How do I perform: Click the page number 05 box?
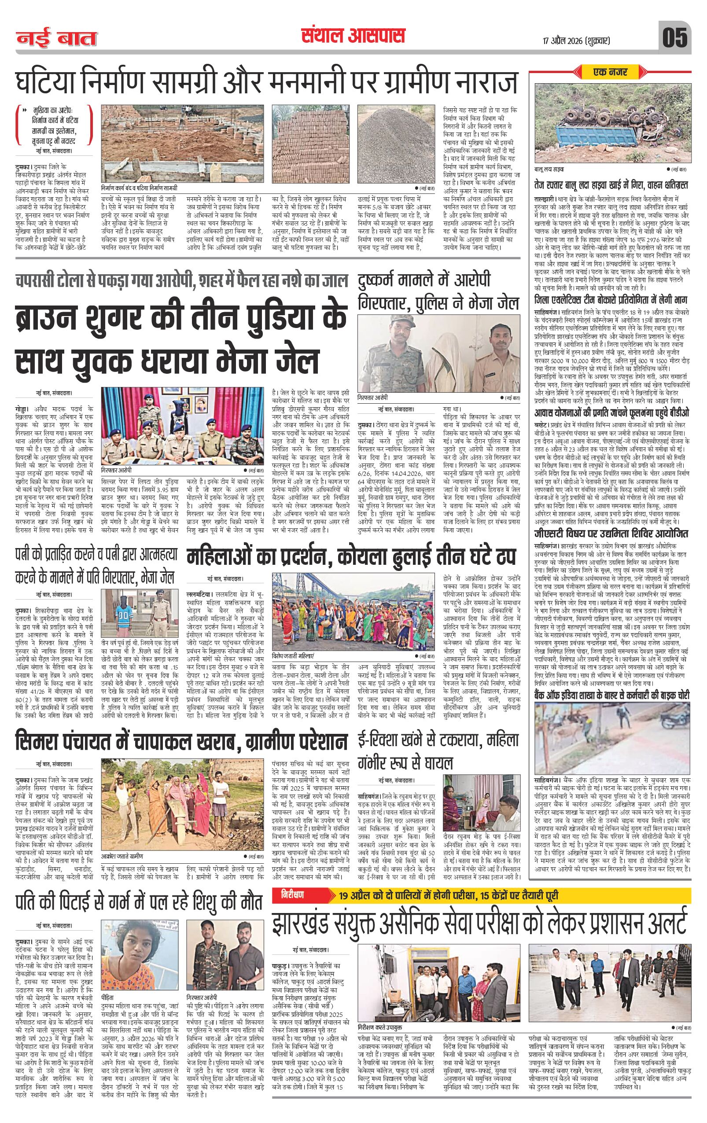point(674,37)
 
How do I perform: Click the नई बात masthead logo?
point(57,39)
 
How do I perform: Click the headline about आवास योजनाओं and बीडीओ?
point(611,413)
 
